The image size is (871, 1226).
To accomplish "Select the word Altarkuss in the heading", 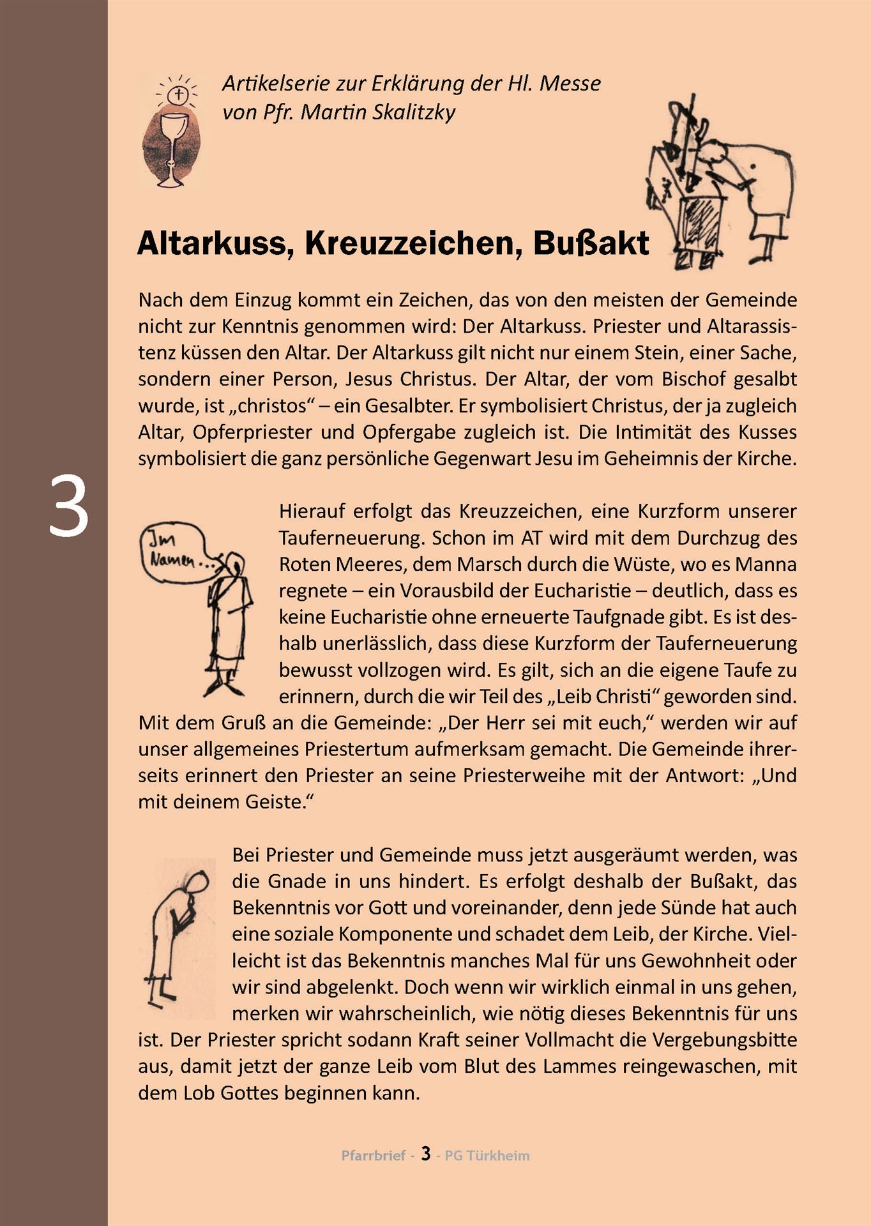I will (211, 243).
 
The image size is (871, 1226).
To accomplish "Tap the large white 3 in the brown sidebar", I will (68, 508).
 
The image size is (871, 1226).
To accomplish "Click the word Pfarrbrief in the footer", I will (374, 1155).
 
